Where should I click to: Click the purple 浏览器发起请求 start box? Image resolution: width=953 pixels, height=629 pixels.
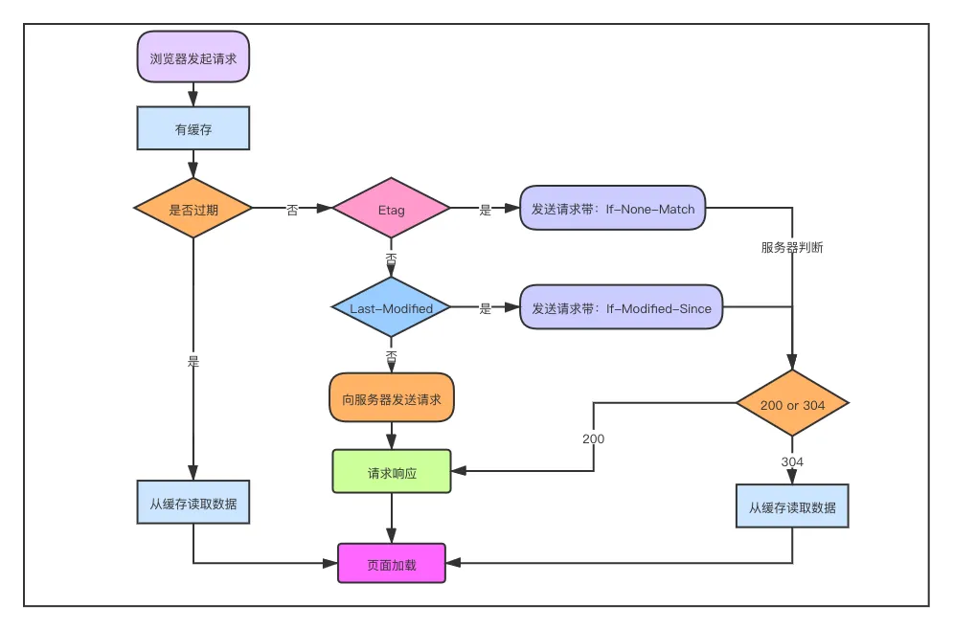(193, 56)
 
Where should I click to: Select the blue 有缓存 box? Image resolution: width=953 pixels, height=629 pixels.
(193, 128)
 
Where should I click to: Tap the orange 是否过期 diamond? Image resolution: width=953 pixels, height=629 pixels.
(193, 209)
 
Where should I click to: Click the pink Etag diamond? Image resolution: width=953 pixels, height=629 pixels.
(391, 209)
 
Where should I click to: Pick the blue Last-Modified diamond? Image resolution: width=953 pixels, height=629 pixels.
(391, 308)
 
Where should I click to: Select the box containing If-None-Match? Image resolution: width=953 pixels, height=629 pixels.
(613, 208)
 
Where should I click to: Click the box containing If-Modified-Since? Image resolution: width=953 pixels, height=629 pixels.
(622, 307)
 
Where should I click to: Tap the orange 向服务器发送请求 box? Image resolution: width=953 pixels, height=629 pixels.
(392, 398)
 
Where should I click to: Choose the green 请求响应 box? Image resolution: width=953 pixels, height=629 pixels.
(392, 472)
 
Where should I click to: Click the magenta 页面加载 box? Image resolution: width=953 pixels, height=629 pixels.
(392, 564)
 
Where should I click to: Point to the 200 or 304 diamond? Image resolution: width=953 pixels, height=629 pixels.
(792, 405)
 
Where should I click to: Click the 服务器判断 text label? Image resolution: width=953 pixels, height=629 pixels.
(792, 248)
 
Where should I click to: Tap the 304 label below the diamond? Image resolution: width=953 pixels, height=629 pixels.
(792, 461)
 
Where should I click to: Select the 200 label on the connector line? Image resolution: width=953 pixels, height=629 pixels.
(593, 438)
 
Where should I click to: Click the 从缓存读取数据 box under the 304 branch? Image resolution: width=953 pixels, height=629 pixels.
(792, 507)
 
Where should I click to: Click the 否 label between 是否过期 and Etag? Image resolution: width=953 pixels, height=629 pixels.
(292, 210)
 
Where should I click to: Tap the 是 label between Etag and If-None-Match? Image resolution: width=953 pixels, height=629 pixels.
(485, 210)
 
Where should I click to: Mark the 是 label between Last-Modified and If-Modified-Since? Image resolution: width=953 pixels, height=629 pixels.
(485, 308)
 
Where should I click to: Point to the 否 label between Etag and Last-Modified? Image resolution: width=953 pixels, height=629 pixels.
(391, 259)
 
